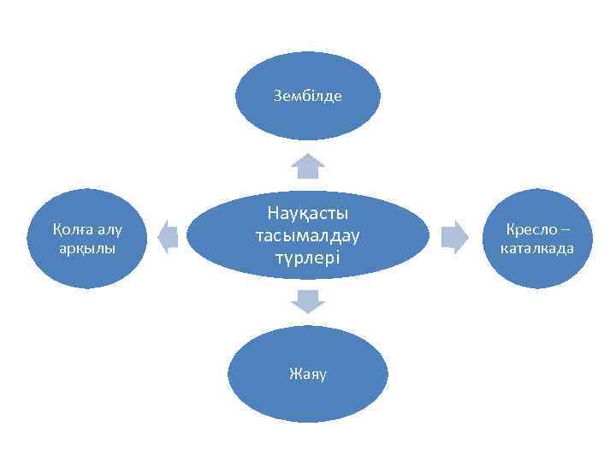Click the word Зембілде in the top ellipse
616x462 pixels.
(308, 96)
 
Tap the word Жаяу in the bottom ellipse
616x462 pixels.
(308, 374)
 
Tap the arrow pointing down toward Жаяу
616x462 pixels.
(308, 301)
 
